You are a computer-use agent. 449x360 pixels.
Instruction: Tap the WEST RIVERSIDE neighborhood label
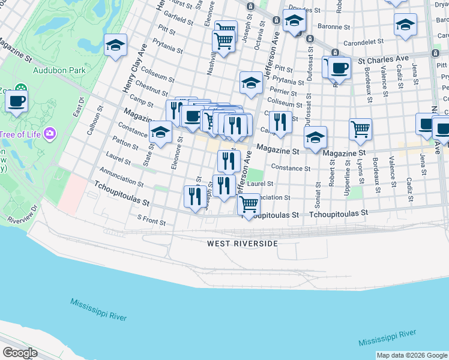click(x=243, y=244)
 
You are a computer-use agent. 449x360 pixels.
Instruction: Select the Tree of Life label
click(x=19, y=133)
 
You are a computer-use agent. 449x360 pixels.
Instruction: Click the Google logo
click(x=20, y=353)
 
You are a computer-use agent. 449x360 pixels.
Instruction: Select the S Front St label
click(x=151, y=220)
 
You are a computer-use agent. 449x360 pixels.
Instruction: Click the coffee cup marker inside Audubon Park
click(x=16, y=101)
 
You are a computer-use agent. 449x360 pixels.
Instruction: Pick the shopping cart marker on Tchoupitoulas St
click(x=249, y=204)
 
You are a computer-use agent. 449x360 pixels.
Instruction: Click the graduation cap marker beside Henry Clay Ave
click(x=115, y=45)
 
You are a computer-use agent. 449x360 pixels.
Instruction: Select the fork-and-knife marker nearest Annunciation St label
click(x=194, y=197)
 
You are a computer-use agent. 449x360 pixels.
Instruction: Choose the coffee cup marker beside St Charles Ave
click(x=339, y=68)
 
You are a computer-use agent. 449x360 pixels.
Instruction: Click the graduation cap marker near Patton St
click(x=160, y=133)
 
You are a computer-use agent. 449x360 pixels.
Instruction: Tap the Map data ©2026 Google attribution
click(x=412, y=355)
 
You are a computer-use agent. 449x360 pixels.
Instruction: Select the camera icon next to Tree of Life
click(x=50, y=133)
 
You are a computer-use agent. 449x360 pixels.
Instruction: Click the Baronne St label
click(x=334, y=26)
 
